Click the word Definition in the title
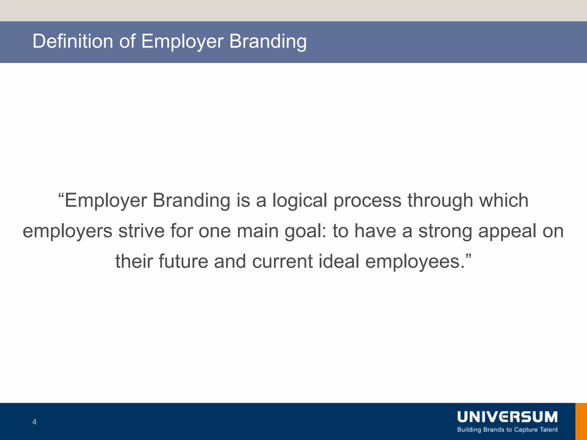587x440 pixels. pyautogui.click(x=73, y=41)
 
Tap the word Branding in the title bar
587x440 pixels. pyautogui.click(x=268, y=42)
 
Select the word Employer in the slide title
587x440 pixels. pyautogui.click(x=182, y=42)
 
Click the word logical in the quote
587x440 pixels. pyautogui.click(x=300, y=201)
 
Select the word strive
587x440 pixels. pyautogui.click(x=141, y=231)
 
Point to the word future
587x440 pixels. pyautogui.click(x=183, y=261)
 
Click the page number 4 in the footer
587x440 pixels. pyautogui.click(x=34, y=422)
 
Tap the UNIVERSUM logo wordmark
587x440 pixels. pyautogui.click(x=507, y=417)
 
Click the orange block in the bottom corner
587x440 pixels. pyautogui.click(x=581, y=421)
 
